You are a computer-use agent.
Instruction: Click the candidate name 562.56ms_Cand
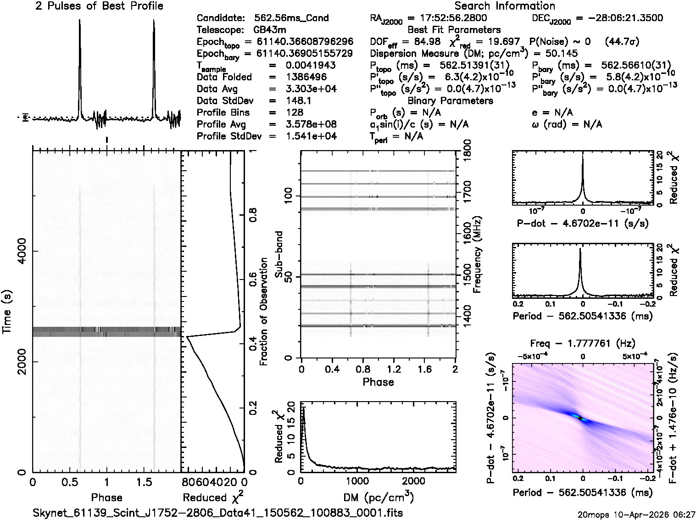pos(291,18)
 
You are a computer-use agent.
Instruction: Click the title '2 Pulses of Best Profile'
pos(99,6)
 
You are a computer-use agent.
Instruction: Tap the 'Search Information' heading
pos(505,6)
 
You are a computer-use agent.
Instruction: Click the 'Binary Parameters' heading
pos(450,101)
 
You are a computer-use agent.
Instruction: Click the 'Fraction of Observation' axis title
pos(264,312)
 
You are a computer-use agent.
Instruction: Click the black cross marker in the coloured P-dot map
pos(580,418)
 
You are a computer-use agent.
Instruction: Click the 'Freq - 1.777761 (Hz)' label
pos(583,343)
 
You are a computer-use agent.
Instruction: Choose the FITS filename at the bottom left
pos(218,512)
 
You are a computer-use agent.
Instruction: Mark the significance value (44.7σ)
pos(622,42)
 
